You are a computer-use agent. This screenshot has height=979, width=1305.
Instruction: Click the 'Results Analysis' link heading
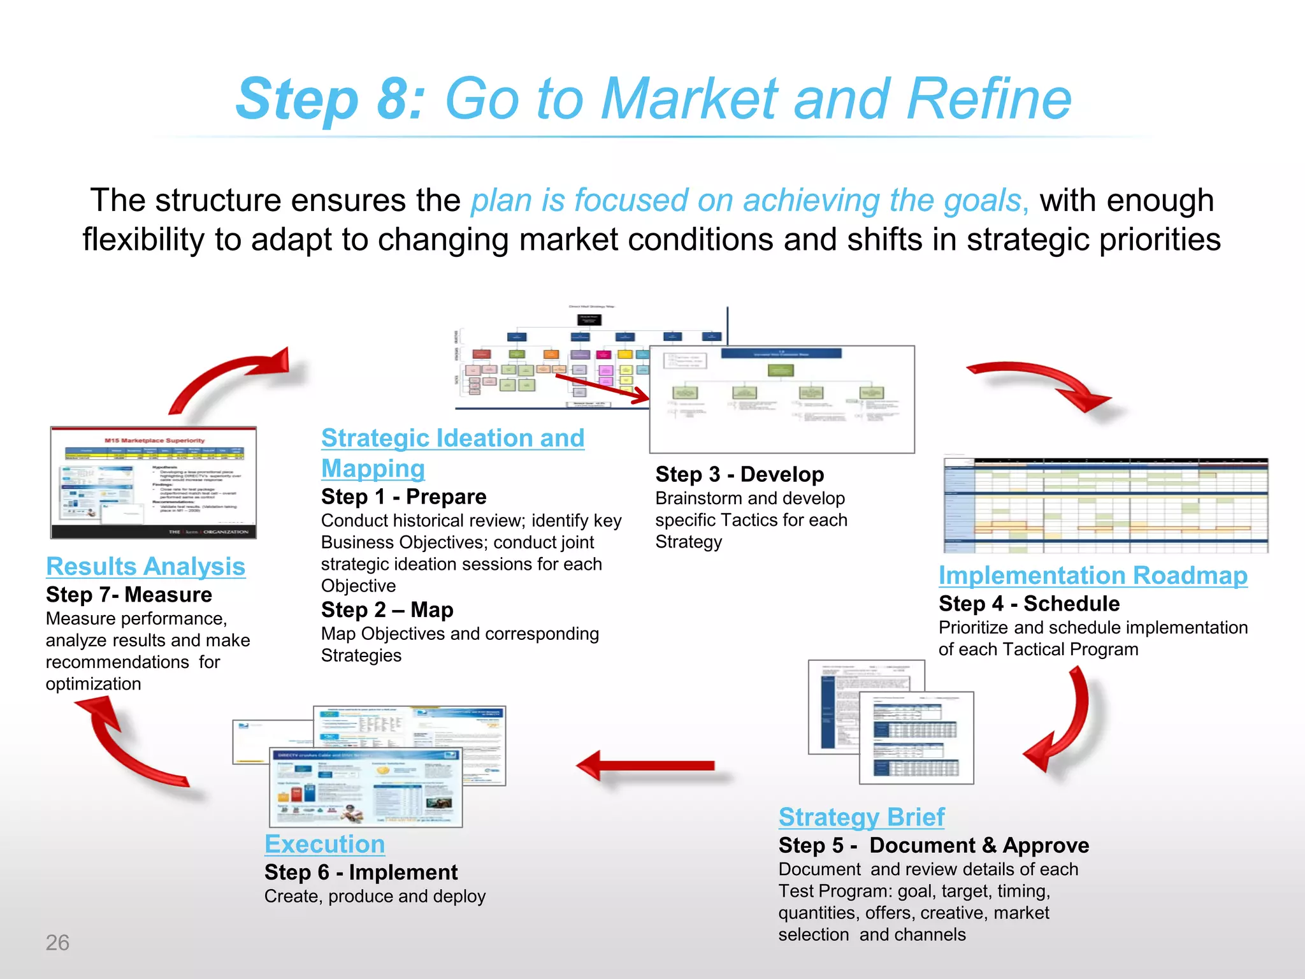(145, 566)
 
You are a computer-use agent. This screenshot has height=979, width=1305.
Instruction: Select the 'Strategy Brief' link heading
(861, 816)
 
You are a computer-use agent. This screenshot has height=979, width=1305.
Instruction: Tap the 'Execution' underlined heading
(324, 844)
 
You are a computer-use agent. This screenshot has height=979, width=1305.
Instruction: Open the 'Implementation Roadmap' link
(1092, 575)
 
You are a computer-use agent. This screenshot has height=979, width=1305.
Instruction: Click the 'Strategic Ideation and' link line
(452, 438)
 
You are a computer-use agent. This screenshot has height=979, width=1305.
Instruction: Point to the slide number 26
(57, 942)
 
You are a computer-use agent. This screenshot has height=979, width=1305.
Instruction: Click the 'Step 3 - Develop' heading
(739, 474)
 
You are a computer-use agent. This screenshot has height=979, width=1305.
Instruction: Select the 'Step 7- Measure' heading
(129, 594)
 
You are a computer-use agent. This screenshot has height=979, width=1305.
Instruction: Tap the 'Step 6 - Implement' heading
(361, 871)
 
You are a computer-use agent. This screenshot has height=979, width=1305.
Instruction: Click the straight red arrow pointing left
(647, 765)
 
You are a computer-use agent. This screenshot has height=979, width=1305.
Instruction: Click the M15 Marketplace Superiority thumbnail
(154, 482)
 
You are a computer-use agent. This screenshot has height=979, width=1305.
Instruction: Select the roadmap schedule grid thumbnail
(1106, 504)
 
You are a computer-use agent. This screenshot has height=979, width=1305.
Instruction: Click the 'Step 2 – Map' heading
(387, 609)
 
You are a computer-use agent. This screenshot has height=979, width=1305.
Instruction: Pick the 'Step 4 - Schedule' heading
(1028, 603)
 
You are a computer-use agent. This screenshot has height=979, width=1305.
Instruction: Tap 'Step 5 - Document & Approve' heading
(934, 845)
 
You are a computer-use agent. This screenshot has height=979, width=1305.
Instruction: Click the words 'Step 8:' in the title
(330, 99)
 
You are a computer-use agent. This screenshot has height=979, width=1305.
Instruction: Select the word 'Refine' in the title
(989, 99)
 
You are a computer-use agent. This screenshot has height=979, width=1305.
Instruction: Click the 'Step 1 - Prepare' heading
(403, 496)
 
